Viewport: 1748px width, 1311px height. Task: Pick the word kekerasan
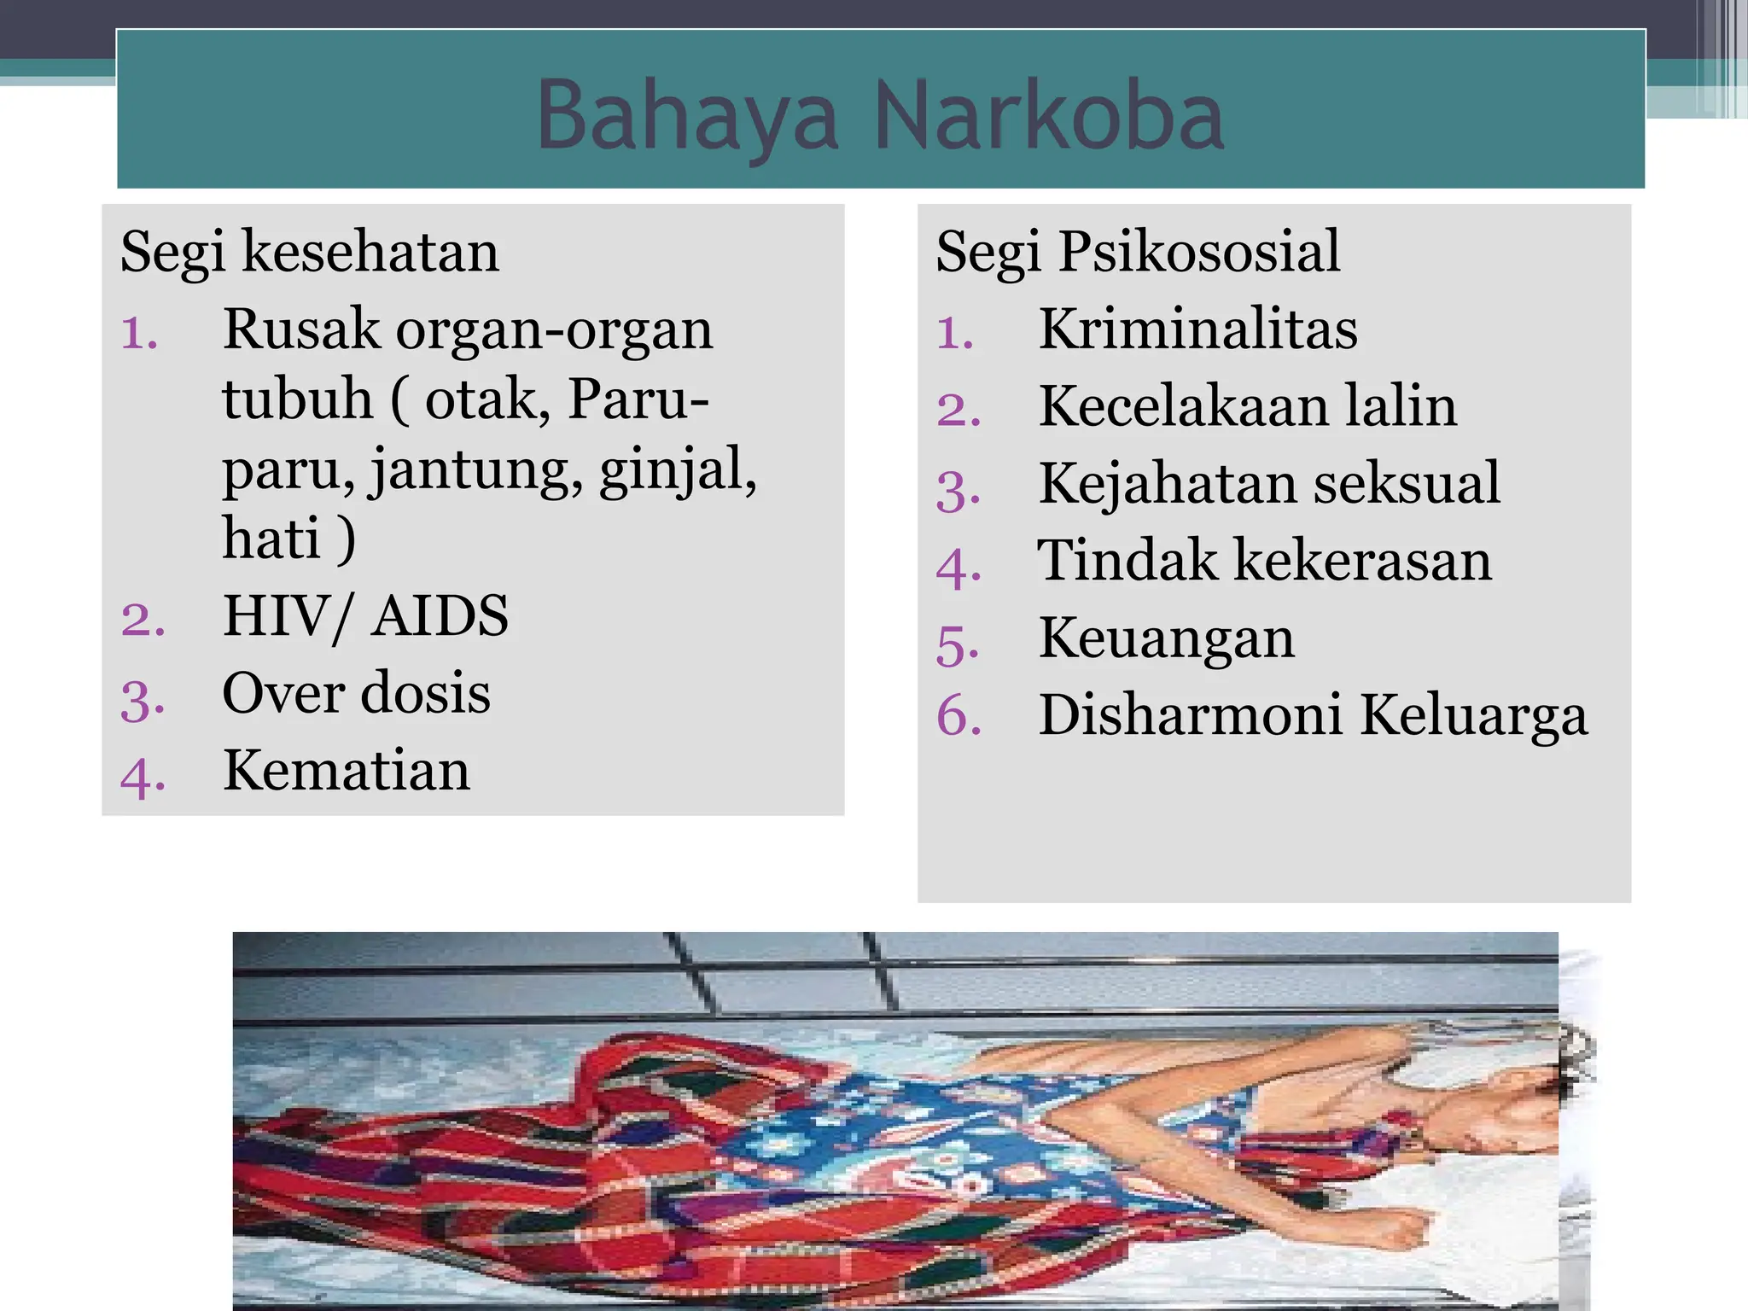[1363, 561]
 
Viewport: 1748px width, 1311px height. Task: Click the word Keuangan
[1166, 639]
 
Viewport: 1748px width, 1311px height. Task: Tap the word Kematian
[346, 770]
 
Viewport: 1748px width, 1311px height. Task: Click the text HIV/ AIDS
[365, 615]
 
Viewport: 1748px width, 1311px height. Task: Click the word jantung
[476, 471]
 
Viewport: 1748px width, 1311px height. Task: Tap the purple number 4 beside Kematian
[140, 775]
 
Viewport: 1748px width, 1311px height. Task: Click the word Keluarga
[1473, 715]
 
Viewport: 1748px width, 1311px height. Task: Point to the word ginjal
[678, 471]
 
